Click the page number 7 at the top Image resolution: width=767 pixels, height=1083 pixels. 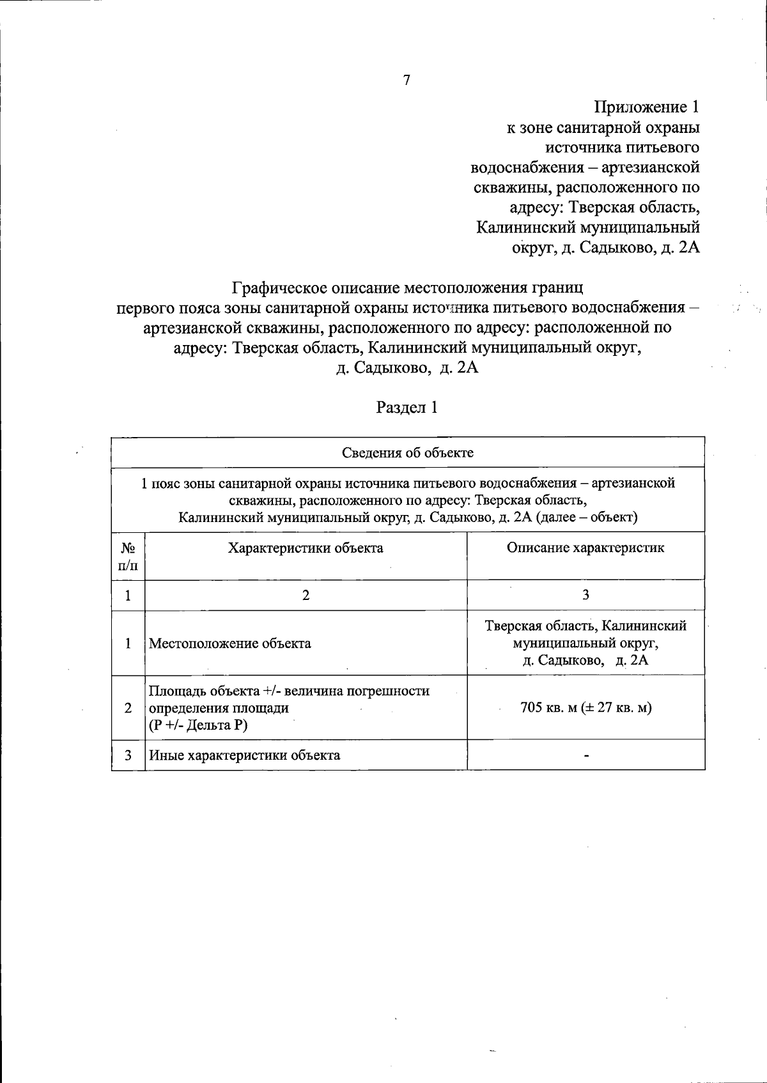point(407,80)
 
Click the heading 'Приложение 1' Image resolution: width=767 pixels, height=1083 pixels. point(647,107)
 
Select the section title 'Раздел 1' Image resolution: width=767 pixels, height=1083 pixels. point(407,408)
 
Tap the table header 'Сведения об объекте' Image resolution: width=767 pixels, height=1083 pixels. point(408,453)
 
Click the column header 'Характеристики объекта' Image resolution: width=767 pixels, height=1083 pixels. point(306,548)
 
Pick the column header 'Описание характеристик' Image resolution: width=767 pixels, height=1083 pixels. point(585,548)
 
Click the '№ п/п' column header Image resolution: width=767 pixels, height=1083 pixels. point(128,556)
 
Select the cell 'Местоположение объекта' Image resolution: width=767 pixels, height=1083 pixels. point(230,643)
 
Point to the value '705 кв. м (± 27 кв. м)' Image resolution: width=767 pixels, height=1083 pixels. point(585,708)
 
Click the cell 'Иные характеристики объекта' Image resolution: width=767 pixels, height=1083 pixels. point(244,755)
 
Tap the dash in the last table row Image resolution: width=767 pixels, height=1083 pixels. point(585,756)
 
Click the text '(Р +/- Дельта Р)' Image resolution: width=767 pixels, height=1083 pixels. point(198,725)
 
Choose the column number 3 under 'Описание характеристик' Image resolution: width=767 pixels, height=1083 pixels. point(585,595)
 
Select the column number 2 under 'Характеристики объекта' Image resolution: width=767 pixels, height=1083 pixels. point(306,595)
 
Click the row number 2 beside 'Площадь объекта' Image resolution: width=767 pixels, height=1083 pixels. point(128,708)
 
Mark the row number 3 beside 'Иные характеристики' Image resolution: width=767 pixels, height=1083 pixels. point(128,755)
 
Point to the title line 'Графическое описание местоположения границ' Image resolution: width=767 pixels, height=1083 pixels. point(407,288)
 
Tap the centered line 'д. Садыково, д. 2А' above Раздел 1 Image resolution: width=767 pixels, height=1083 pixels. point(407,369)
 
